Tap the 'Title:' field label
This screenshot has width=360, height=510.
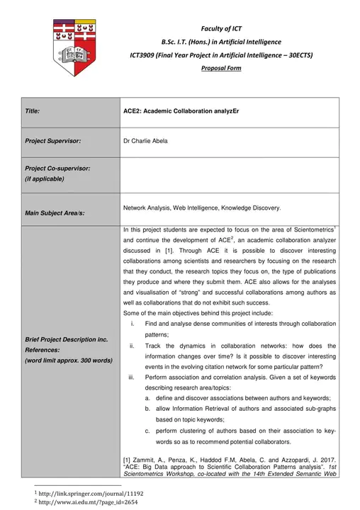(33, 111)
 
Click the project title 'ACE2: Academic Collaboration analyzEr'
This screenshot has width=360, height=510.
(176, 111)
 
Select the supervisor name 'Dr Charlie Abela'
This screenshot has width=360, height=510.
(145, 141)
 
